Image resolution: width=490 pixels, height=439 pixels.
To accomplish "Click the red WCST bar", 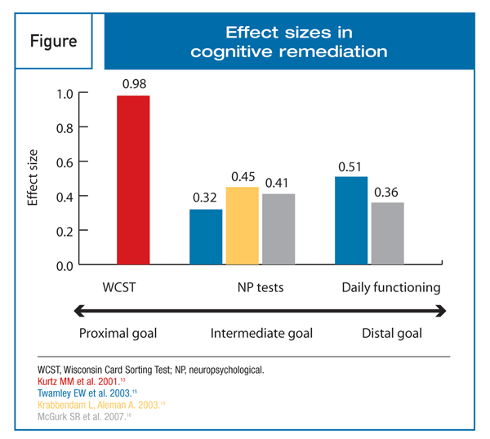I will click(x=134, y=180).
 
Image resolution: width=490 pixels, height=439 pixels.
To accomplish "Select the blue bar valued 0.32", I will click(x=206, y=237).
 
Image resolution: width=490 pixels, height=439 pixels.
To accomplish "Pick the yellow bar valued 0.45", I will click(x=242, y=226).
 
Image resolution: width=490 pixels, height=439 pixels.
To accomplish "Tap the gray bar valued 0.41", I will click(x=278, y=229).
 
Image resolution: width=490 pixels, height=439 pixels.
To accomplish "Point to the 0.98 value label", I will click(x=134, y=84).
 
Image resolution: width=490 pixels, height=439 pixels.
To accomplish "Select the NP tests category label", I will click(x=257, y=287).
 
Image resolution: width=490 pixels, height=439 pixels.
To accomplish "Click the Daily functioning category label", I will click(x=390, y=287).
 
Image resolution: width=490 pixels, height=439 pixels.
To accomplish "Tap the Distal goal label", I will click(x=392, y=333).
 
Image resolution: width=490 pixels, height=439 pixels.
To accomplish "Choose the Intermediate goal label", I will click(x=261, y=333).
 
